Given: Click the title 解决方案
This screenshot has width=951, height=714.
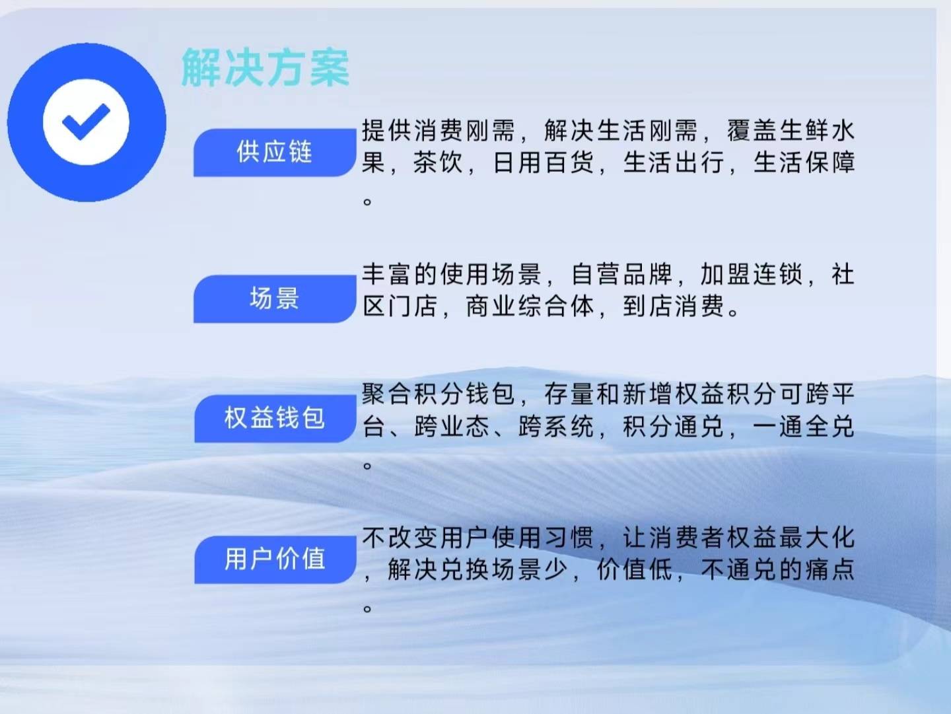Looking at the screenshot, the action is tap(265, 68).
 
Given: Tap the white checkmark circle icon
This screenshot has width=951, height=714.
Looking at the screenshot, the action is tap(87, 122).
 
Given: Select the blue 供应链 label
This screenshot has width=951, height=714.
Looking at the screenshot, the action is tap(275, 153).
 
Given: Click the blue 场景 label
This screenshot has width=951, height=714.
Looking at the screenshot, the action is tap(275, 299).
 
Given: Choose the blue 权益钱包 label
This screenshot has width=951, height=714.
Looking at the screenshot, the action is tap(275, 419).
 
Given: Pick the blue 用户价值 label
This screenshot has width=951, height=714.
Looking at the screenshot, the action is tap(275, 559).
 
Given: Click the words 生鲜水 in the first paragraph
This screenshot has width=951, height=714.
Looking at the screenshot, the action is tap(816, 130).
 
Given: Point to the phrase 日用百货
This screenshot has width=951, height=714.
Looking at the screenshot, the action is tap(544, 163).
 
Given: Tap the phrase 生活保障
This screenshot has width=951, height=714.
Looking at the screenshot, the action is tap(804, 163).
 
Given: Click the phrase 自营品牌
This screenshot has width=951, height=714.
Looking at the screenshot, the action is tap(621, 274).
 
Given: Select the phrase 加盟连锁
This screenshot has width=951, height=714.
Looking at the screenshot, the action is tap(752, 274).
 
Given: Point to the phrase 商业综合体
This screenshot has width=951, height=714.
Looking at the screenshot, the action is tap(530, 306).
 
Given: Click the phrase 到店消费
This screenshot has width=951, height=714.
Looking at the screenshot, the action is tap(674, 306).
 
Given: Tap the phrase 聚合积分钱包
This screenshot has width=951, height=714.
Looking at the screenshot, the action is tap(438, 394).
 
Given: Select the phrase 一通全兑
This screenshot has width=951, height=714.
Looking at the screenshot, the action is tap(804, 427).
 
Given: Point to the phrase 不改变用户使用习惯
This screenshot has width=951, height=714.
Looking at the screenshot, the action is tap(477, 538).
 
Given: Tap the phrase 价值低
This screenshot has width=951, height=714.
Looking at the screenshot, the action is tap(635, 570).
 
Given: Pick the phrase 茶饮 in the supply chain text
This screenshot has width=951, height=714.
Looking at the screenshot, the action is tap(439, 163).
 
